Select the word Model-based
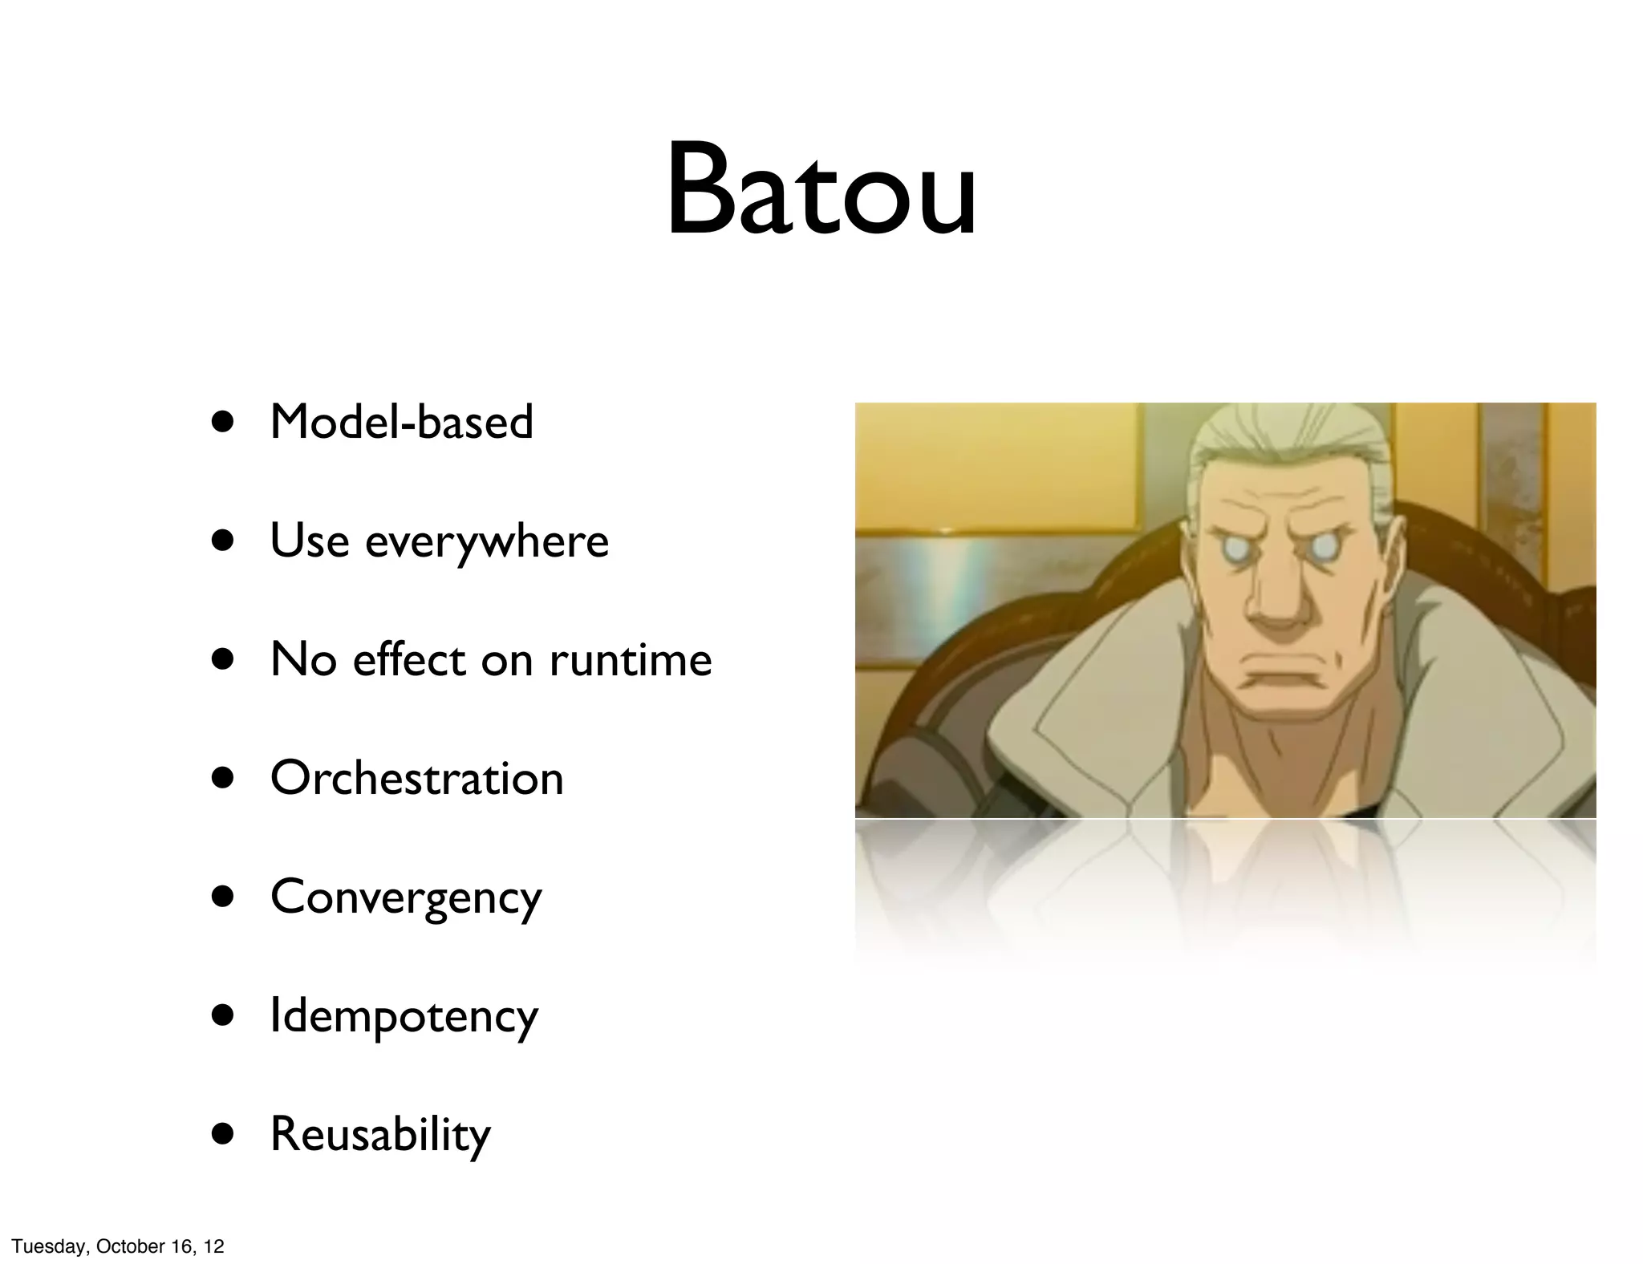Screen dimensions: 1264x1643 pyautogui.click(x=401, y=422)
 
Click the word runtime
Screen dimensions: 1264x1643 pyautogui.click(x=631, y=660)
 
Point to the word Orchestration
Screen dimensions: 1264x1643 pyautogui.click(x=416, y=779)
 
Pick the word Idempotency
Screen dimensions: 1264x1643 pyautogui.click(x=404, y=1017)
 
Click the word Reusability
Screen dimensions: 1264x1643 pyautogui.click(x=380, y=1135)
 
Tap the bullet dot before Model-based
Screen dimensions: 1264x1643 pyautogui.click(x=224, y=423)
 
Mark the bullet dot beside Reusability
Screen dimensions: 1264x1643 pyautogui.click(x=224, y=1135)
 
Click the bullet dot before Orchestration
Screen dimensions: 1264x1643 pyautogui.click(x=224, y=779)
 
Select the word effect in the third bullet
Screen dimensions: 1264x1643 pyautogui.click(x=408, y=660)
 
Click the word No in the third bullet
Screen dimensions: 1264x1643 pyautogui.click(x=302, y=660)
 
